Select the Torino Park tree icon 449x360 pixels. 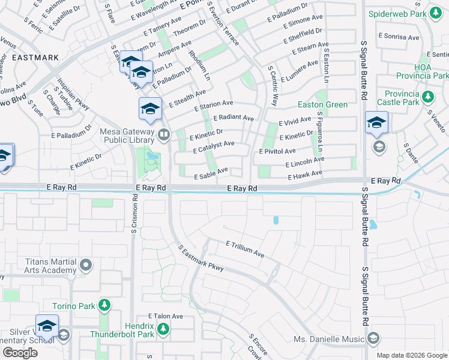(x=105, y=305)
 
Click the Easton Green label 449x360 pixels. (x=323, y=104)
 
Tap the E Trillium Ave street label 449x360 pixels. (x=245, y=249)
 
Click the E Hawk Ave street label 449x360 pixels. (x=306, y=175)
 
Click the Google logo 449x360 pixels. (x=20, y=353)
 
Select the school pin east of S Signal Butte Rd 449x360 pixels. (x=376, y=122)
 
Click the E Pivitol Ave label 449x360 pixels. (x=277, y=151)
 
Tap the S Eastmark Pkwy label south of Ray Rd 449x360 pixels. (x=200, y=258)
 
